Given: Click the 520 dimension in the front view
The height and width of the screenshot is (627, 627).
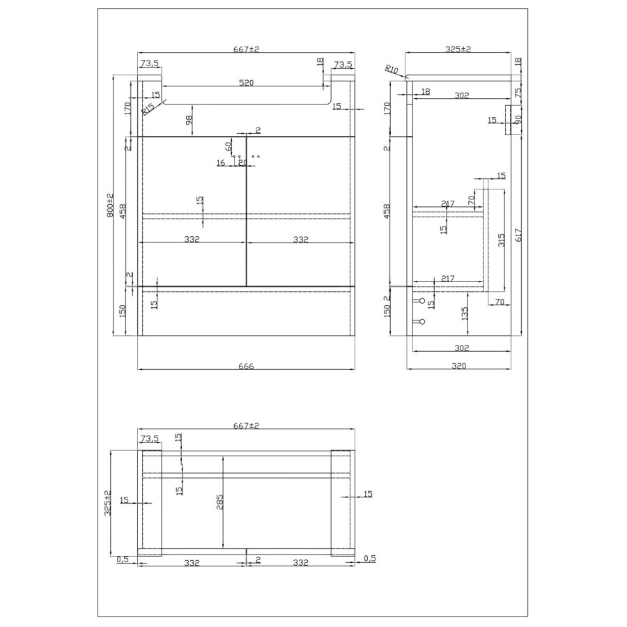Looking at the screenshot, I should point(246,82).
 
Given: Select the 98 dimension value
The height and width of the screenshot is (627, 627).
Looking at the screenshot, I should point(189,121).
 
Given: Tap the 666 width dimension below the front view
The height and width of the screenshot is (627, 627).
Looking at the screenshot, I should point(246,366).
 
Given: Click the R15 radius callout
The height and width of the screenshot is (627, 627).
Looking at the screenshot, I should point(148,109).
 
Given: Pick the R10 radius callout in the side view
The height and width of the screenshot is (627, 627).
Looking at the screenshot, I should point(391,69).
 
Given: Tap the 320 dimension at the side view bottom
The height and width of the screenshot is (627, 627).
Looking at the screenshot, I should point(458,366).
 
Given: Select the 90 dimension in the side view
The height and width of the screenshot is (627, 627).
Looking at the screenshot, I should point(517,120).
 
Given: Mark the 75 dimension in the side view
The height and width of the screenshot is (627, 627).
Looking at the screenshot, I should point(518,93).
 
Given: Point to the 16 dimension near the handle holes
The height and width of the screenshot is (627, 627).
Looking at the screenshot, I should point(220,163).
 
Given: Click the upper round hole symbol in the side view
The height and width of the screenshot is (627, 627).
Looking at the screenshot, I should point(421,302).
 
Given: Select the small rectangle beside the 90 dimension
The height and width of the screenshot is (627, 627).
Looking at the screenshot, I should point(509,115).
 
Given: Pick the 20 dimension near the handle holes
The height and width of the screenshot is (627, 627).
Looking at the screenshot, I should point(242,163).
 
